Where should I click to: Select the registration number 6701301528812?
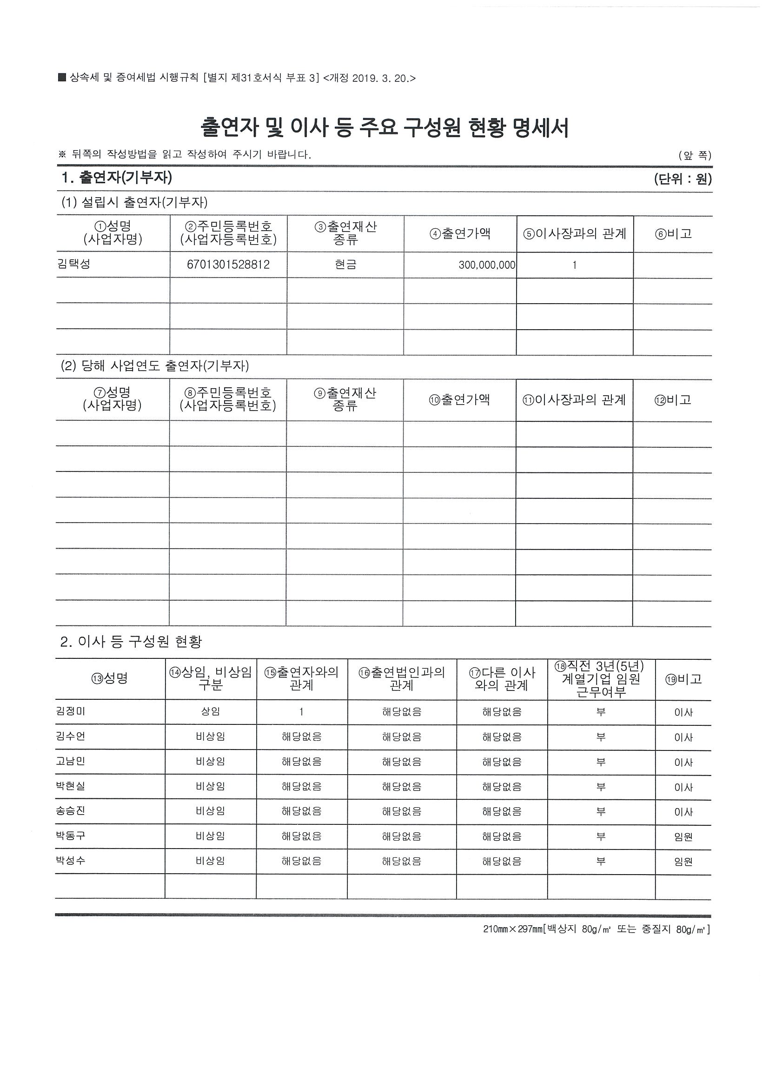(x=228, y=265)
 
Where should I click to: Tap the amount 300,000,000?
(x=487, y=265)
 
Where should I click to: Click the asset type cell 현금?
(x=345, y=265)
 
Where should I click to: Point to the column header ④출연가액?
(x=460, y=233)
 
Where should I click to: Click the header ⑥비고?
(x=673, y=233)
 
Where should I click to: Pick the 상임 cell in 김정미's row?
(x=210, y=711)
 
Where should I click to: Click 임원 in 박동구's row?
(x=683, y=836)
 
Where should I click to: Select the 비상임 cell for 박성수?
(x=210, y=861)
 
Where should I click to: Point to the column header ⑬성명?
(x=110, y=679)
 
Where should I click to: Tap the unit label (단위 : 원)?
(x=683, y=179)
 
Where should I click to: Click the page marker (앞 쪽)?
(x=695, y=155)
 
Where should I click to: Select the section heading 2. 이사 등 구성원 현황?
(x=131, y=642)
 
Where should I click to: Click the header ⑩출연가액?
(x=460, y=400)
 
